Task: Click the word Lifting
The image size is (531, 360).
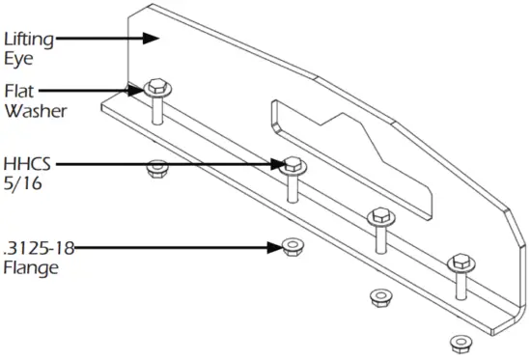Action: [x=28, y=40]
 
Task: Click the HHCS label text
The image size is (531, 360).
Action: [x=26, y=161]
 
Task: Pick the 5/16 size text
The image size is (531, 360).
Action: [x=21, y=180]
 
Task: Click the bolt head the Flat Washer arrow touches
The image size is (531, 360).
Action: [x=155, y=89]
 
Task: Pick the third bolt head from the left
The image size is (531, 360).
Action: [x=379, y=216]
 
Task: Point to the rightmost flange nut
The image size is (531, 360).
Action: [x=458, y=341]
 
